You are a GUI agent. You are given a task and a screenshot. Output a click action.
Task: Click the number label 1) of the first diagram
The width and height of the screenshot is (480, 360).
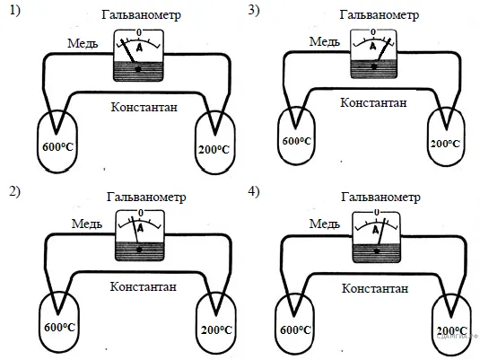point(15,11)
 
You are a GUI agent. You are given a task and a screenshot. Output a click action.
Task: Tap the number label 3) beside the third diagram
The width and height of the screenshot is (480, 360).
point(254,11)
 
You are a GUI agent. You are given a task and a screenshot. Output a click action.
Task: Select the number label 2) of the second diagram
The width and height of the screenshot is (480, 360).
point(15,192)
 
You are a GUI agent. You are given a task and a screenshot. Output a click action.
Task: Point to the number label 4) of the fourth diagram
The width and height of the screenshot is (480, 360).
point(254,192)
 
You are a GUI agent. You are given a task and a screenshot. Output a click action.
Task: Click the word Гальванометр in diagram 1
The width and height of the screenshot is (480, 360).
point(141,14)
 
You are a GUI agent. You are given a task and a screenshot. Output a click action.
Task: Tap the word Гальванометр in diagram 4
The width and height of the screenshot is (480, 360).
point(380,197)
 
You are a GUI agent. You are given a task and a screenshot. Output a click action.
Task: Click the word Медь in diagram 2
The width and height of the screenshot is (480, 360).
point(87,224)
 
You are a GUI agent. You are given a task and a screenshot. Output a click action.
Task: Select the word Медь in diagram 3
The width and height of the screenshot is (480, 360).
point(325,41)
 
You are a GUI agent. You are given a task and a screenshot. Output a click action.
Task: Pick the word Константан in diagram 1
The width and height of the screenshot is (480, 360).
point(144,107)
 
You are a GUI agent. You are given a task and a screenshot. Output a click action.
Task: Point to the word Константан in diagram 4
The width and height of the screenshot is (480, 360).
point(375,288)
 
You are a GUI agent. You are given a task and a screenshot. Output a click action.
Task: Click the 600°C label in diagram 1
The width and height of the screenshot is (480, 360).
point(57,147)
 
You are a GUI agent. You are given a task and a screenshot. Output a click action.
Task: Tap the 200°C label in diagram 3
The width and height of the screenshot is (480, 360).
point(445,144)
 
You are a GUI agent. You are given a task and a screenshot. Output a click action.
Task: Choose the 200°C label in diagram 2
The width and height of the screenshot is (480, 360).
point(216,330)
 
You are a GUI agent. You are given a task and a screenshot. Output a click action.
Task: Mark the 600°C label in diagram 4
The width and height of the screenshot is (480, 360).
point(295,330)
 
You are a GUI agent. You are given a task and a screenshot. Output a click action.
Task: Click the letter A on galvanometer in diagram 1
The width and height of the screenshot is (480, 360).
point(140,48)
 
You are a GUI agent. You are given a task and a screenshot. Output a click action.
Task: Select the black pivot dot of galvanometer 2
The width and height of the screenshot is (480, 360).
point(139,250)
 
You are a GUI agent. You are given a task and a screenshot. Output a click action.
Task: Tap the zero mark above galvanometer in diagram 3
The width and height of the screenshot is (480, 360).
point(373,31)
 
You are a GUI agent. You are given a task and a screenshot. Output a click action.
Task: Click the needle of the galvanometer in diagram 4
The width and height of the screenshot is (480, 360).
point(381,232)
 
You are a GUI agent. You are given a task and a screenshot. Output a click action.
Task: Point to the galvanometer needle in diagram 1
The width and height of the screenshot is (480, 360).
point(128,51)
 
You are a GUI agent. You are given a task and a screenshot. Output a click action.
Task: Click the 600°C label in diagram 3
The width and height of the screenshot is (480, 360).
point(297,141)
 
